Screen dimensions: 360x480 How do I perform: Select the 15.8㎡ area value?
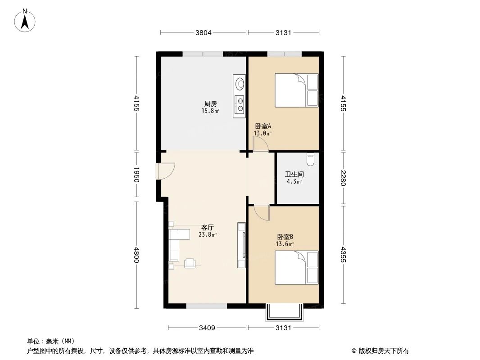coord(210,111)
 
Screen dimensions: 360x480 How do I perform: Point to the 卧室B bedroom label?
coord(285,237)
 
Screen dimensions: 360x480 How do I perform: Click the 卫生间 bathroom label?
coord(294,174)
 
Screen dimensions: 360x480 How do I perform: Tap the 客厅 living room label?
coord(207,227)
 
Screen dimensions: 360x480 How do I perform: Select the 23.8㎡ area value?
coord(208,234)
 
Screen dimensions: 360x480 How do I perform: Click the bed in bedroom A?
coord(296,90)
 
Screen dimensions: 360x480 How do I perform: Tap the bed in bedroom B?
coord(296,268)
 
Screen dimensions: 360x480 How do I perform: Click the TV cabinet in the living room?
coord(242,245)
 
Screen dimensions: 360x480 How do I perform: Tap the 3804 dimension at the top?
coord(203,32)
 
